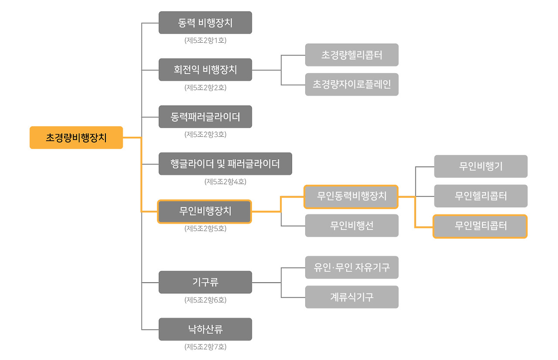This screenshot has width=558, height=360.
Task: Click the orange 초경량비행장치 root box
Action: click(x=76, y=138)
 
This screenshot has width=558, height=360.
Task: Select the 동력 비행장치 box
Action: click(x=205, y=23)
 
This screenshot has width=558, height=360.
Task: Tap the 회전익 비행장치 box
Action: click(x=205, y=70)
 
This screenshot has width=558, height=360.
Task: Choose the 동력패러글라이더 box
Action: click(x=205, y=117)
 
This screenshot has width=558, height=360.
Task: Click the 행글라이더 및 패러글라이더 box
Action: click(x=225, y=164)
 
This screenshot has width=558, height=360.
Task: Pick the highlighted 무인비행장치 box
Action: click(x=204, y=211)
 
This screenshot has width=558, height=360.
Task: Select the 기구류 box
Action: click(x=205, y=282)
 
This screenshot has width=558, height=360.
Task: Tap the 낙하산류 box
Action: click(x=205, y=329)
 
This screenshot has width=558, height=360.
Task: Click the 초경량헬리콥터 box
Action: click(x=352, y=55)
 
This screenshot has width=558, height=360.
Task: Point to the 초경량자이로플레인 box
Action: click(x=352, y=85)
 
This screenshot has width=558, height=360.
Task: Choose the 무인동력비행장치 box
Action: click(x=351, y=196)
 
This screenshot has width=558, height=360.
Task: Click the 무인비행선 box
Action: click(x=352, y=226)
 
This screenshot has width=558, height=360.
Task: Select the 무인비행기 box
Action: click(x=481, y=166)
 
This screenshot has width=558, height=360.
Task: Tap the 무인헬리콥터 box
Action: click(x=481, y=196)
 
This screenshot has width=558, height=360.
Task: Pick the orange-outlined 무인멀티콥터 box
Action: click(x=480, y=226)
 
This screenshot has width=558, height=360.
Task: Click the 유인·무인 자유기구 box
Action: click(x=352, y=268)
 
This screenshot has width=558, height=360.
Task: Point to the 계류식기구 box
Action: click(x=352, y=297)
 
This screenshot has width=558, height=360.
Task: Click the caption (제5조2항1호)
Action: click(x=205, y=41)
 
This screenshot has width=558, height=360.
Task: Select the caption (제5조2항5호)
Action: click(x=205, y=228)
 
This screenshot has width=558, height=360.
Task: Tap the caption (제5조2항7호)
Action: click(x=205, y=347)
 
